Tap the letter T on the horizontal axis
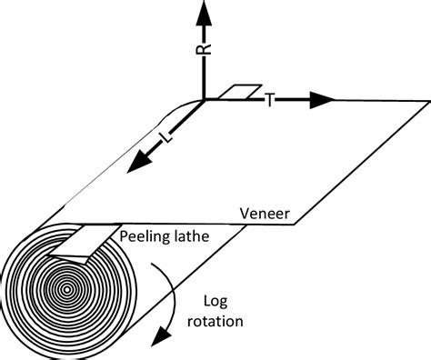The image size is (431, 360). tap(270, 100)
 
